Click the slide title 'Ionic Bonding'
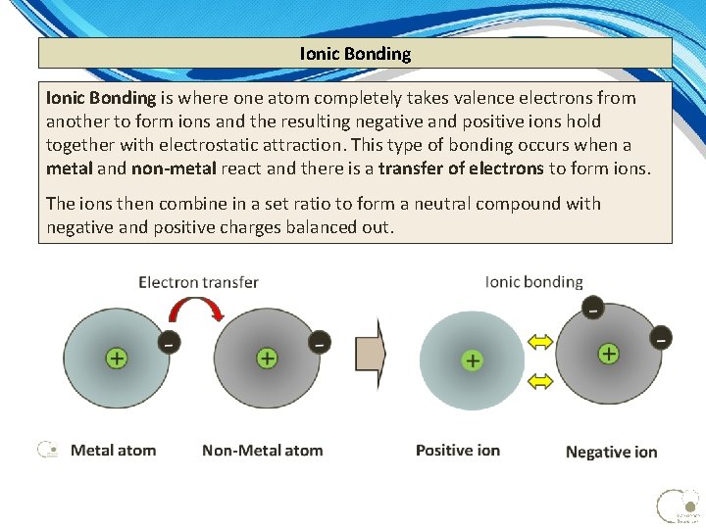tap(355, 54)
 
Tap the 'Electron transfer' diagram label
tap(198, 282)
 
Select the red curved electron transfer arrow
tap(196, 311)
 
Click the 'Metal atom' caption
tap(113, 451)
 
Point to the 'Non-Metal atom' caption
tap(262, 451)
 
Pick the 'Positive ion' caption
tap(457, 451)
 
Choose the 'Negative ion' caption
tap(611, 453)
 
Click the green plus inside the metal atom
tap(116, 359)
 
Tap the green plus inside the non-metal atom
tap(266, 359)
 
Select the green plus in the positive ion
tap(473, 361)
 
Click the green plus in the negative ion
tap(609, 353)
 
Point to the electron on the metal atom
tap(169, 343)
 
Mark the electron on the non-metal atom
tap(319, 343)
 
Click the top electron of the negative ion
tap(592, 310)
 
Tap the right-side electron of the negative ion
tap(662, 338)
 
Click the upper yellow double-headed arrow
tap(541, 342)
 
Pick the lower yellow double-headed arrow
tap(541, 379)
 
